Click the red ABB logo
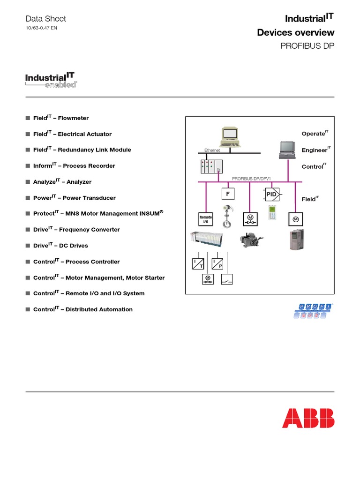(x=308, y=418)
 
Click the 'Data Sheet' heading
(x=45, y=19)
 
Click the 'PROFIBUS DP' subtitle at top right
(x=307, y=46)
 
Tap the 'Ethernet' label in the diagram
(x=212, y=150)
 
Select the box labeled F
(x=228, y=193)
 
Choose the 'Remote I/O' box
(x=206, y=219)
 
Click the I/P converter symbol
(x=217, y=263)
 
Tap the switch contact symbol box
(x=227, y=279)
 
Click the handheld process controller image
(x=272, y=212)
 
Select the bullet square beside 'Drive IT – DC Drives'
(x=28, y=246)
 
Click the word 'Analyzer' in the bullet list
(x=79, y=182)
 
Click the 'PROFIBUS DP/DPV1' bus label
(x=252, y=179)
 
